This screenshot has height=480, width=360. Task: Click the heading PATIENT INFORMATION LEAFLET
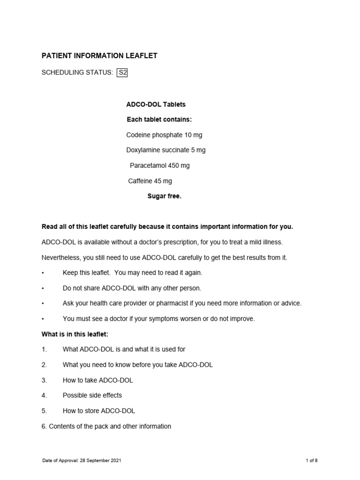99,56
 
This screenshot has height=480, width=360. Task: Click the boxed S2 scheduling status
123,72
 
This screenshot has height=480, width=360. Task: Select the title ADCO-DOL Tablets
156,104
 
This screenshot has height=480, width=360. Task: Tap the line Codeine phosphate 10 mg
164,135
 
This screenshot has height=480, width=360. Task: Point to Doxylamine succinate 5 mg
165,150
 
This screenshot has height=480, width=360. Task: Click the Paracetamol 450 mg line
159,165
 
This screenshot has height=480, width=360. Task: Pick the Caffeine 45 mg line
150,181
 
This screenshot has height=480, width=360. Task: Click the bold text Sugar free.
164,196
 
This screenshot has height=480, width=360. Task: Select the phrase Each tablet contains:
159,120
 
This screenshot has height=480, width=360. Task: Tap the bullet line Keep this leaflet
132,272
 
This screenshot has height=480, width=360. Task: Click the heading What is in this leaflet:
75,334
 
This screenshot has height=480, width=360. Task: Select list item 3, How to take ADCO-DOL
97,380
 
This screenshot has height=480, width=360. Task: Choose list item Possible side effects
92,395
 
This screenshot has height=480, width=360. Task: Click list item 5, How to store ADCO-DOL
98,411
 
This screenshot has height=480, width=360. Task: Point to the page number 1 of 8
311,461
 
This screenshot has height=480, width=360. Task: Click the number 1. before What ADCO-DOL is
45,349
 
